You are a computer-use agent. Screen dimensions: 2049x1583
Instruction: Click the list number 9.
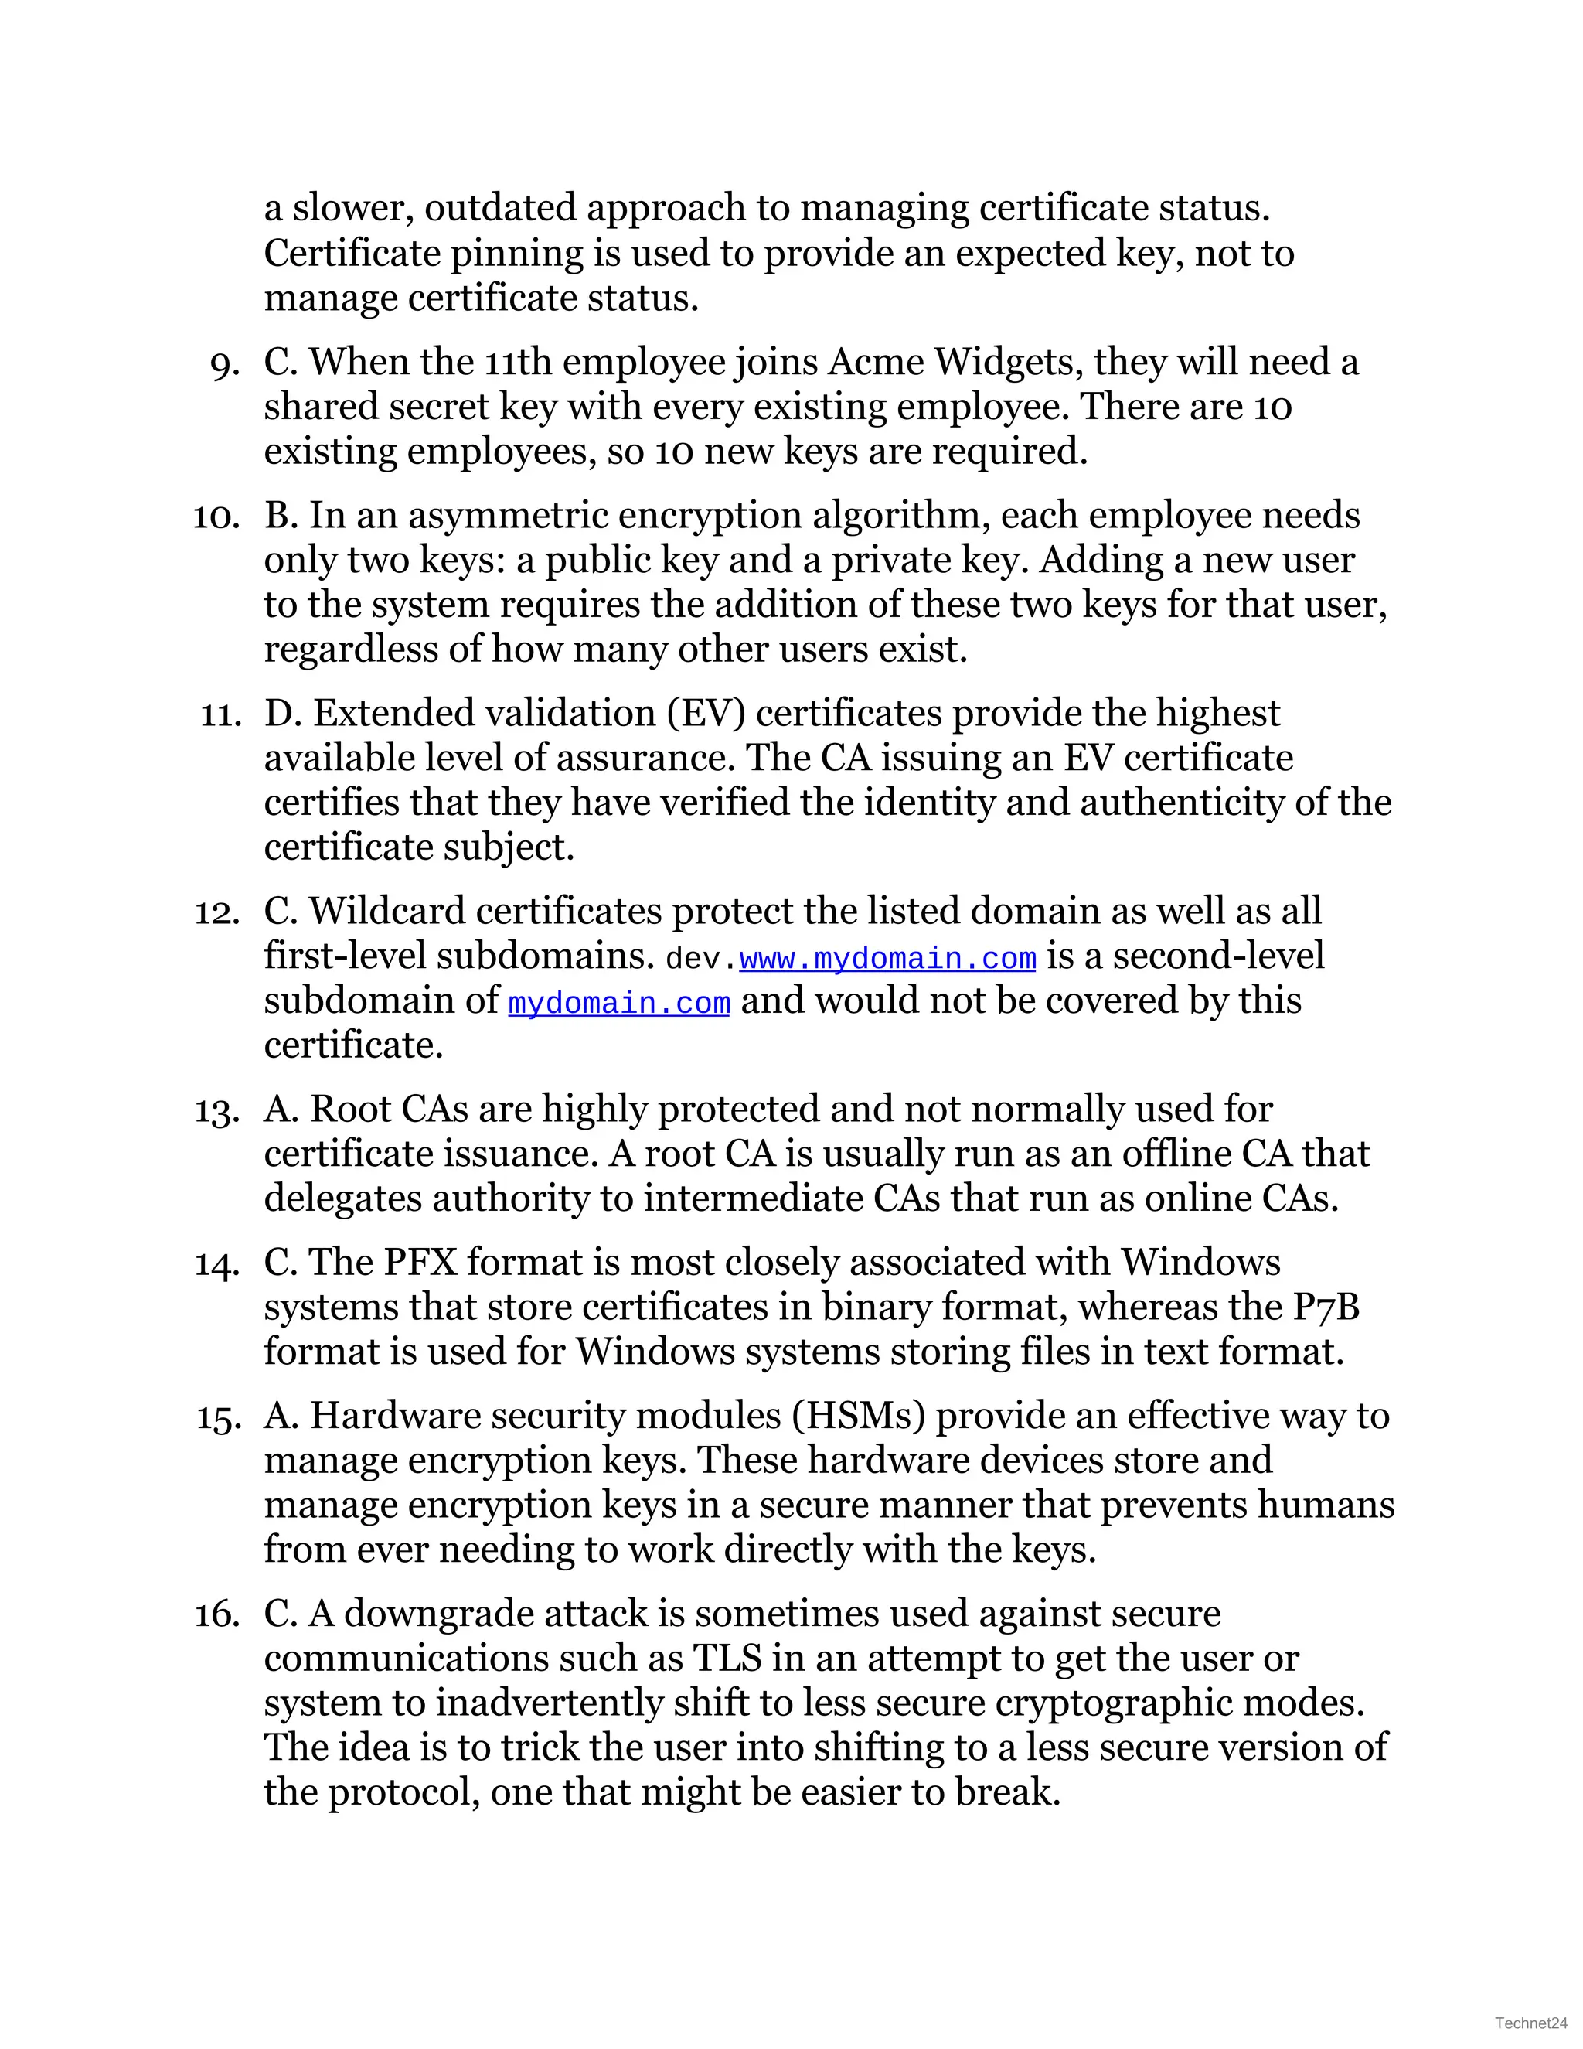coord(225,364)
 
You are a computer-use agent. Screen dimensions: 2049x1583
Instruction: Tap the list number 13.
coord(217,1111)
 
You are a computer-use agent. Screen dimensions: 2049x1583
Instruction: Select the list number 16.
coord(217,1614)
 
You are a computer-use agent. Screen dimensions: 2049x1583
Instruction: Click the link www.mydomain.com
coord(887,959)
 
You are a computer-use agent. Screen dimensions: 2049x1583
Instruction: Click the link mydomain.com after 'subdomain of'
coord(619,1004)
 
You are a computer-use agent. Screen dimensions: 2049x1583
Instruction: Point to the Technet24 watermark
coord(1530,2023)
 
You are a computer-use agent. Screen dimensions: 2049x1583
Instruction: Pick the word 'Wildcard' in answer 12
coord(386,911)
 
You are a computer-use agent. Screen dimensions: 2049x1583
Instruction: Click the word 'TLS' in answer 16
coord(727,1659)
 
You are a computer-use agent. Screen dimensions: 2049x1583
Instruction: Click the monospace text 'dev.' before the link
coord(700,959)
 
